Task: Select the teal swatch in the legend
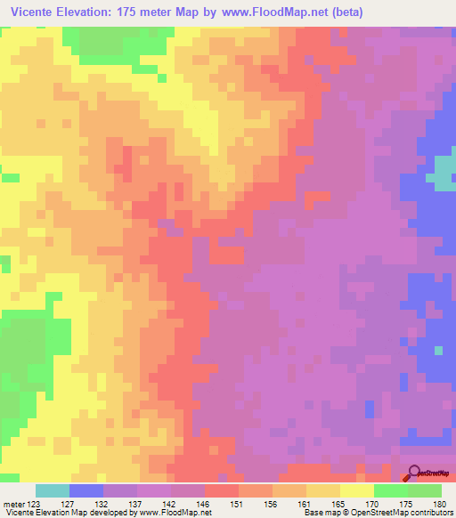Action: click(x=53, y=490)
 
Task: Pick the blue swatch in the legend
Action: click(x=86, y=490)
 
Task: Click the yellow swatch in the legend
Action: click(x=356, y=490)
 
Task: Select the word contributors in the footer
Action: click(x=428, y=514)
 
